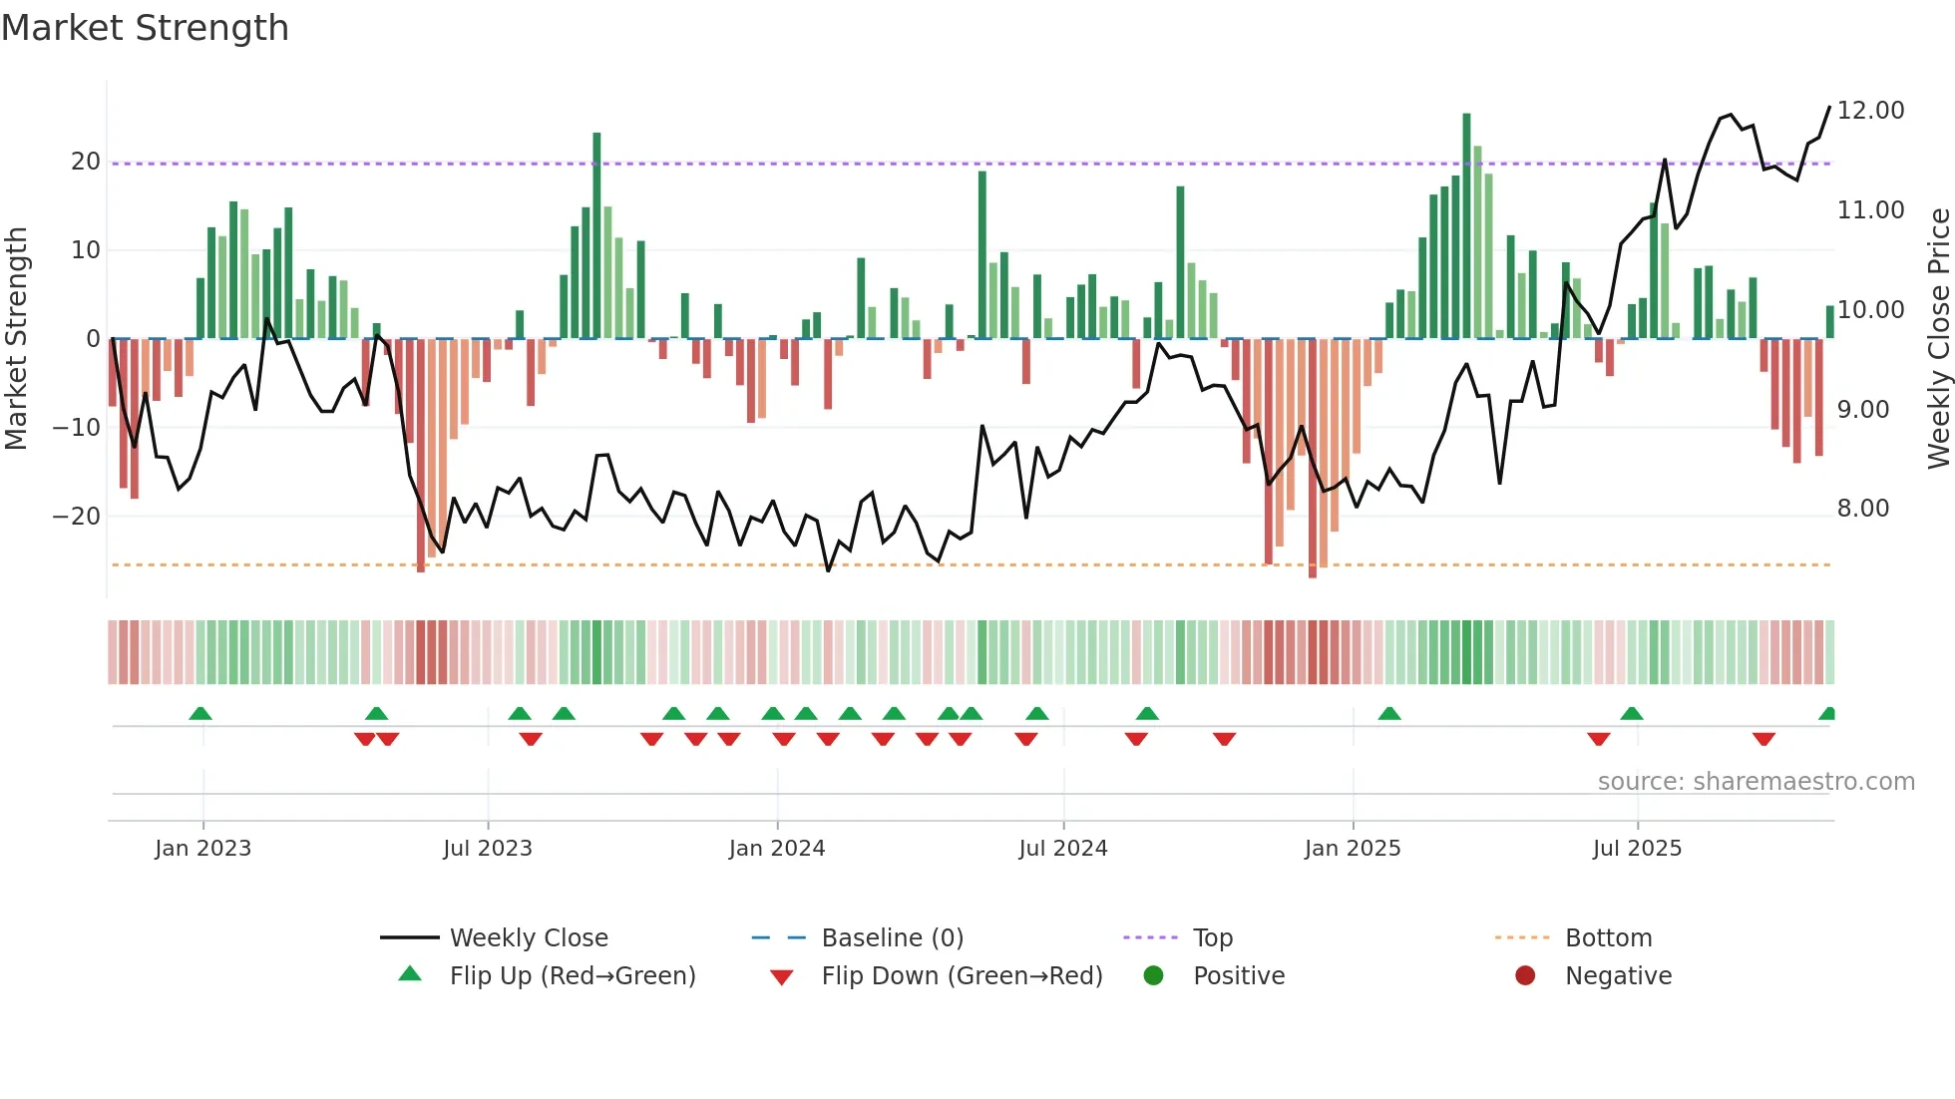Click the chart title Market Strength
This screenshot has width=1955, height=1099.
145,28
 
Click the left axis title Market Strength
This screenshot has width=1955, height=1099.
16,338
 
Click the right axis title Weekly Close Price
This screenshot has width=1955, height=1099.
1938,338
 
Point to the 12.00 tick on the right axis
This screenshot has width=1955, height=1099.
1870,111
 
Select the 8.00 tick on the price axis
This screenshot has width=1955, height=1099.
1862,509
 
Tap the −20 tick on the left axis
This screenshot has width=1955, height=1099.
76,517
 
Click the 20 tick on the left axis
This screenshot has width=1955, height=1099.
85,162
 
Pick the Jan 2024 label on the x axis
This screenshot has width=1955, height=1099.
777,849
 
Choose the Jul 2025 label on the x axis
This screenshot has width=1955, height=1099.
1637,849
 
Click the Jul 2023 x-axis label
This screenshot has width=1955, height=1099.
488,849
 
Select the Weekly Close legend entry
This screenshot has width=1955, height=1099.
528,938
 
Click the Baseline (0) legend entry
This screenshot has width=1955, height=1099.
892,938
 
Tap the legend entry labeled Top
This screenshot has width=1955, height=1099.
1212,938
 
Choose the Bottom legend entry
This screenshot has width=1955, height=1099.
1608,938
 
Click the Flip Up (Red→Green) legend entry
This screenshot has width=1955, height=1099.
572,976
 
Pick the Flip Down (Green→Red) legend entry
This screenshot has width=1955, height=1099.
962,976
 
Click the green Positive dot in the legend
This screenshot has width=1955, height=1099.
1154,976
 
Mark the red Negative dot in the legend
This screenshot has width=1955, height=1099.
1525,976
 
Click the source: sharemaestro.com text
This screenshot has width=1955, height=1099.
1756,782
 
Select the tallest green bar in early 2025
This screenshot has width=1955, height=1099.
1466,225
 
